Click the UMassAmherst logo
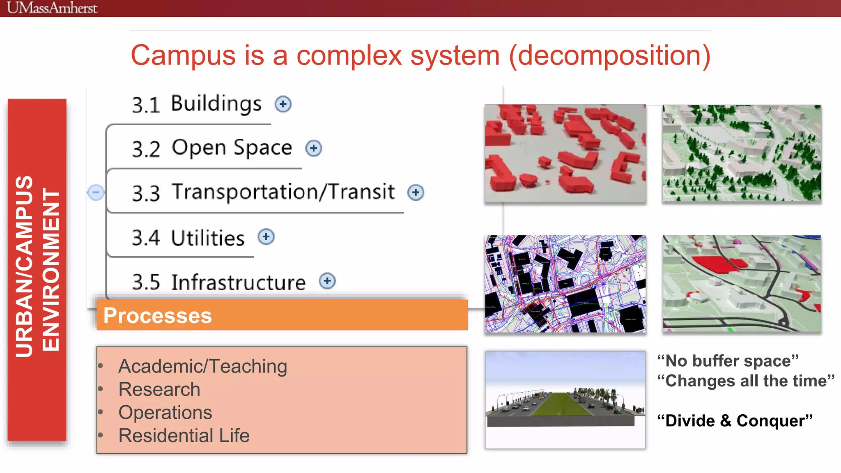[x=52, y=8]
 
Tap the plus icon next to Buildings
[x=283, y=104]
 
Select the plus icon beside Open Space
[x=314, y=148]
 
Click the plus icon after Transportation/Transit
[x=416, y=192]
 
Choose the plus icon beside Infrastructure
[x=327, y=281]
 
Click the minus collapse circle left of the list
[x=96, y=192]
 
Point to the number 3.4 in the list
[x=146, y=238]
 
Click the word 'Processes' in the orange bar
[x=157, y=316]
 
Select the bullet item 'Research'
[x=159, y=389]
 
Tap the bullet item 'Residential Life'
[x=184, y=436]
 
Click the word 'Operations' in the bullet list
[x=165, y=413]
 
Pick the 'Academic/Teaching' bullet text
[x=202, y=366]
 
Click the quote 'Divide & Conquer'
[x=735, y=421]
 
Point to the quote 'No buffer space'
[x=728, y=361]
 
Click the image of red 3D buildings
[x=565, y=153]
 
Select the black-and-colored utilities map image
[x=565, y=284]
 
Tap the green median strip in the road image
[x=562, y=404]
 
